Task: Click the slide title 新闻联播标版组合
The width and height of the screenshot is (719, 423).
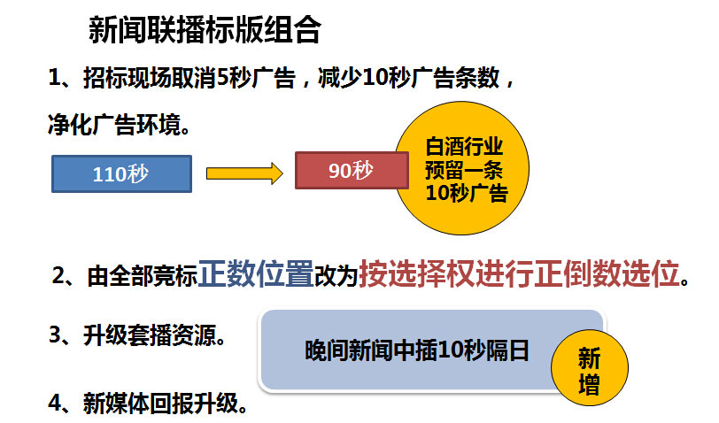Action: click(205, 30)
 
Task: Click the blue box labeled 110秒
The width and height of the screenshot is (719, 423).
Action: click(121, 173)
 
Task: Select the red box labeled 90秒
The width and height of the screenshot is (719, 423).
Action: click(352, 170)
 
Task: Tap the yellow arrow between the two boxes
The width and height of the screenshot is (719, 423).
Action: click(244, 173)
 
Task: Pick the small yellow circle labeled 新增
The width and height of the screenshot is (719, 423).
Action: click(589, 368)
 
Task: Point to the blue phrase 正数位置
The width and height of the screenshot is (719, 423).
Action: click(256, 274)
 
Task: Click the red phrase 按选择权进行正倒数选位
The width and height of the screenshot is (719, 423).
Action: click(519, 274)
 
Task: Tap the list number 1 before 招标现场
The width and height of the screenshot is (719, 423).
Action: click(55, 78)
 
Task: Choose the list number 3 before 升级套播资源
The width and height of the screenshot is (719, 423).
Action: click(55, 335)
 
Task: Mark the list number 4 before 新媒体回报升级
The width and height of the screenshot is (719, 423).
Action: click(55, 404)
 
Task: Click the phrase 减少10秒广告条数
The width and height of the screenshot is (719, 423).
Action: click(408, 78)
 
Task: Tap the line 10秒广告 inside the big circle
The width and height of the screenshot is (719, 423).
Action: click(467, 193)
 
